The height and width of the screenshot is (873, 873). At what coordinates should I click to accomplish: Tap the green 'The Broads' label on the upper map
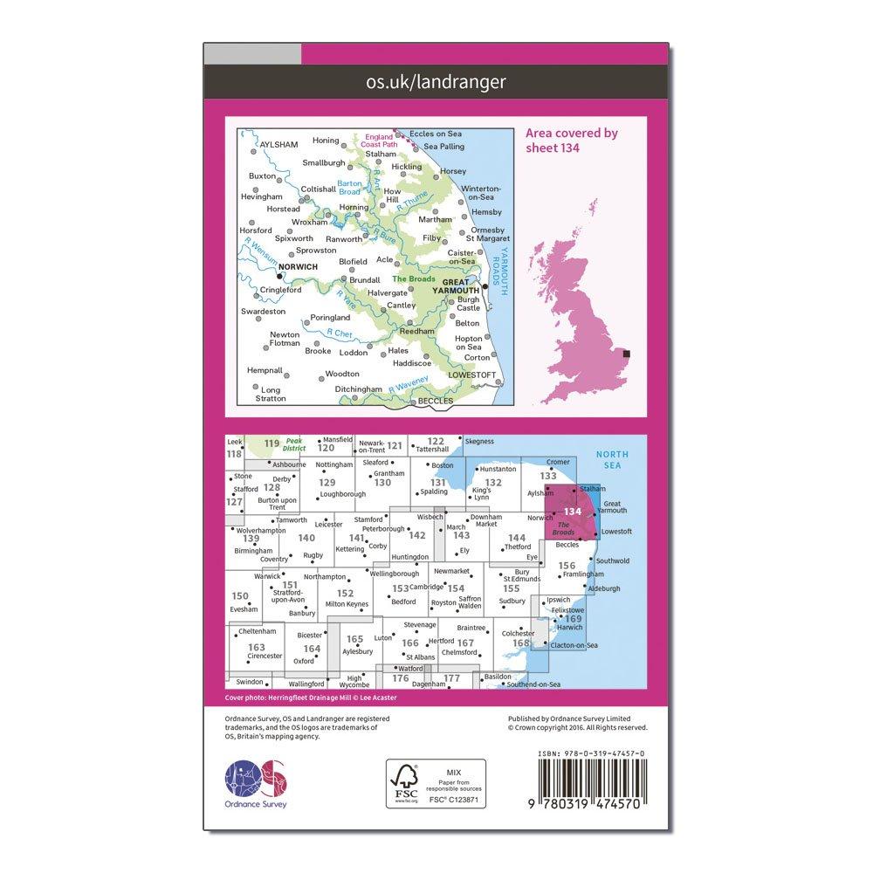click(414, 278)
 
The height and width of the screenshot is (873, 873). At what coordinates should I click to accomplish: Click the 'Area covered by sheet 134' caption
click(572, 140)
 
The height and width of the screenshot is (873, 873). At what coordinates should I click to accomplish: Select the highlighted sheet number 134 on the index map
click(573, 512)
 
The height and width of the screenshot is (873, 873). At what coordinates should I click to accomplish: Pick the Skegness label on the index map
click(480, 443)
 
